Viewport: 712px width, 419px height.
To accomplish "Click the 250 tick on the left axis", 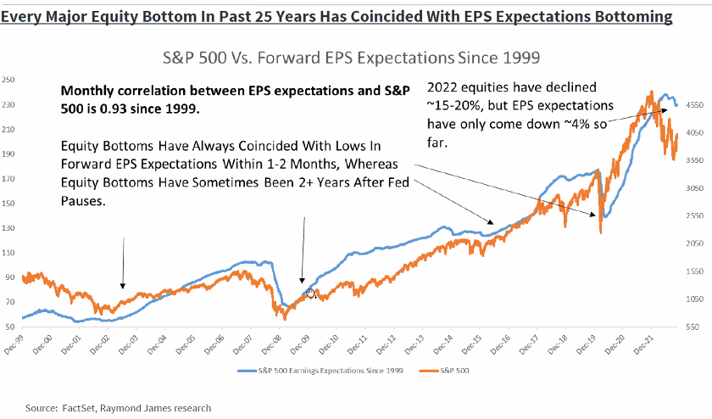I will (x=9, y=80).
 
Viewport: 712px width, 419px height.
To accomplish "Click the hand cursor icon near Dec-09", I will (x=311, y=293).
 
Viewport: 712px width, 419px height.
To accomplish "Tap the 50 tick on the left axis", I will (x=11, y=327).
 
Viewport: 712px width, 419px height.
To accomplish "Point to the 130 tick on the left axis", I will (x=9, y=228).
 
